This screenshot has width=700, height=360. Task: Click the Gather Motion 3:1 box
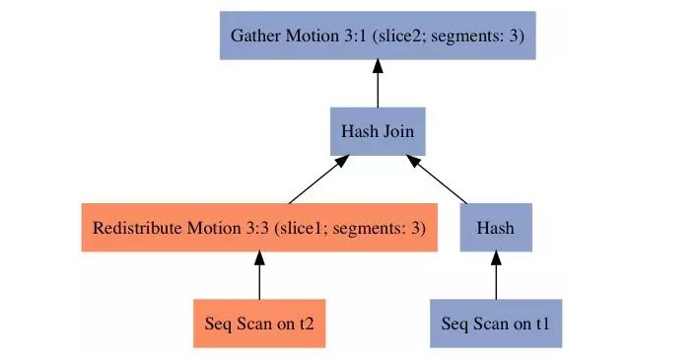pyautogui.click(x=378, y=36)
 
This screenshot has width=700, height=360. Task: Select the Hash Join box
pyautogui.click(x=378, y=130)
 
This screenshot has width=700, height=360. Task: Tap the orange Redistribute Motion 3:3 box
pyautogui.click(x=258, y=228)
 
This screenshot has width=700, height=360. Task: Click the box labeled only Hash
pyautogui.click(x=496, y=228)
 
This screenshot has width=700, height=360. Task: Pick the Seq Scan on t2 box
pyautogui.click(x=258, y=323)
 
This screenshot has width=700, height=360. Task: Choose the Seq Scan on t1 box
pyautogui.click(x=496, y=323)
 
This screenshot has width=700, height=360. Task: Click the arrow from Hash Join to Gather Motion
pyautogui.click(x=378, y=83)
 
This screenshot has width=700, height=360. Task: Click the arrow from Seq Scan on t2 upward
pyautogui.click(x=258, y=275)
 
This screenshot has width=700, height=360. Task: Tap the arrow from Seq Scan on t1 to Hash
pyautogui.click(x=496, y=275)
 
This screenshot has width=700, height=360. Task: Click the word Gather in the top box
pyautogui.click(x=254, y=36)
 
